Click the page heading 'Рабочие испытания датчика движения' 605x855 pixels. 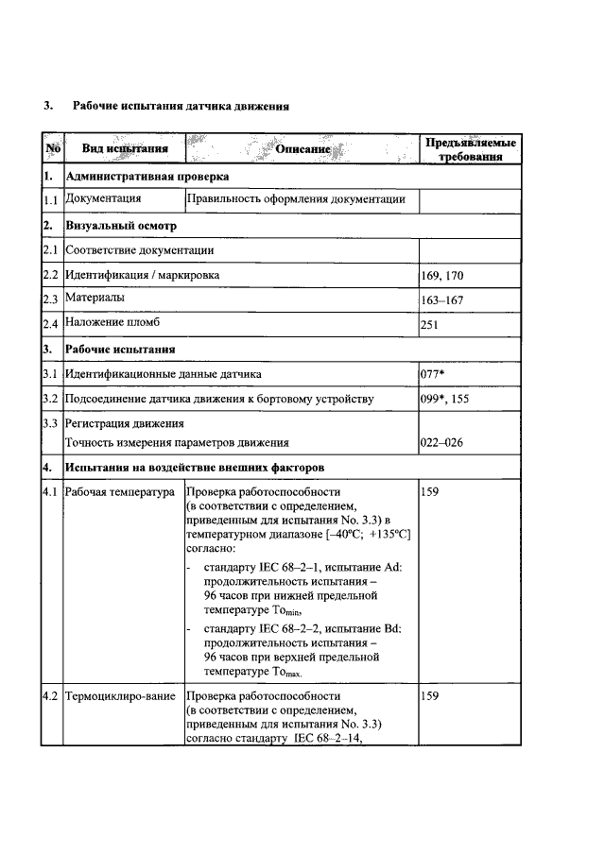(x=176, y=106)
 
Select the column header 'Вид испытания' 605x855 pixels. (x=125, y=148)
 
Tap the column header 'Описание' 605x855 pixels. (x=302, y=149)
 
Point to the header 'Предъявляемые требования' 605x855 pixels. (x=470, y=149)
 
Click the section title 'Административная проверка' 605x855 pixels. (x=147, y=176)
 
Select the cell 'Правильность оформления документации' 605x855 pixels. (x=297, y=199)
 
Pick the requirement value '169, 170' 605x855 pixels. (x=441, y=276)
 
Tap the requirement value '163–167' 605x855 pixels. (x=441, y=299)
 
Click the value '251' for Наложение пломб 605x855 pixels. (x=431, y=324)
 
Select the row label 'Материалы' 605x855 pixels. (x=94, y=299)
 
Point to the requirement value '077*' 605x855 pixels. (x=434, y=374)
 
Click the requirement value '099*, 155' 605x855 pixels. (x=444, y=399)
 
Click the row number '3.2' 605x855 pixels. (x=51, y=399)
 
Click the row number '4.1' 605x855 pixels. (x=51, y=492)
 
